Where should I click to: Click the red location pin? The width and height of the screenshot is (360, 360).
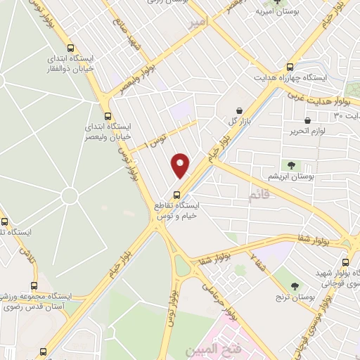[x=181, y=165]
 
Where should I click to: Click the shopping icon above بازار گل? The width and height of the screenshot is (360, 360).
[x=240, y=111]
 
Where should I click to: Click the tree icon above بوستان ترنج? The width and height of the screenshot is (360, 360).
[x=295, y=285]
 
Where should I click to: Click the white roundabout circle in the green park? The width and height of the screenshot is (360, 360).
[x=69, y=195]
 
